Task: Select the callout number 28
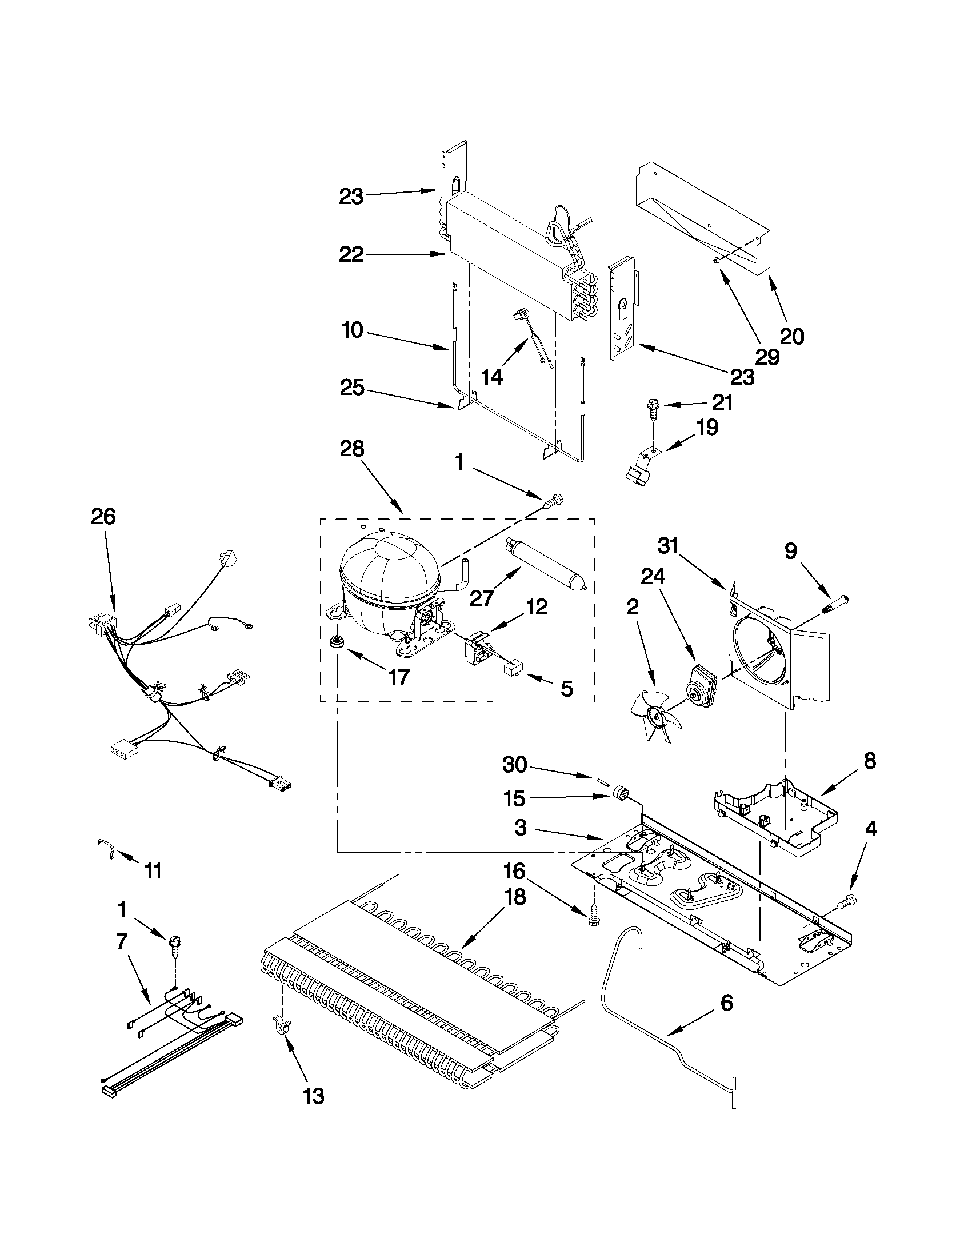click(352, 449)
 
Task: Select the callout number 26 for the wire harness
click(103, 517)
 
